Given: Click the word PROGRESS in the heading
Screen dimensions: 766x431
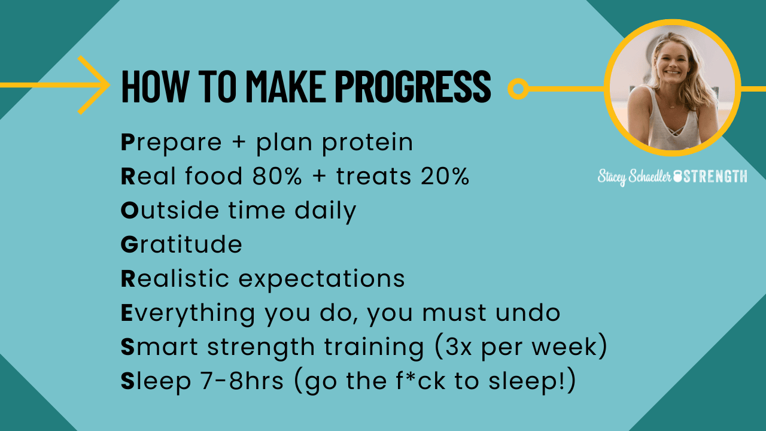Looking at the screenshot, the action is (413, 86).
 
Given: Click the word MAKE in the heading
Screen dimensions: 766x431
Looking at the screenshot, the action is (286, 86).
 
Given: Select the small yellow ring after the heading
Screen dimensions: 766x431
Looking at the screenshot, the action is (518, 89).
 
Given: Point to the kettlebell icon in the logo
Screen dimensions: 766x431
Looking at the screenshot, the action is (677, 177).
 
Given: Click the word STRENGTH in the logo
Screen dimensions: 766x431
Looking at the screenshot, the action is (715, 177).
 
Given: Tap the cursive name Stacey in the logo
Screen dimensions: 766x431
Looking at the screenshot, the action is (612, 177).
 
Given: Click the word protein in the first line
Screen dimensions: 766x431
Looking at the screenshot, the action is (367, 143).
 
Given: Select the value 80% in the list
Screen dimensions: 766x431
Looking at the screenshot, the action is (277, 177).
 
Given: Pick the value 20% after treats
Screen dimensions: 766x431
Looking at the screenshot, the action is (445, 177).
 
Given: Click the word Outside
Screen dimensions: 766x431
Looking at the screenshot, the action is (170, 210).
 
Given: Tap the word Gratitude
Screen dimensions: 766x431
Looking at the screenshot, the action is (181, 244).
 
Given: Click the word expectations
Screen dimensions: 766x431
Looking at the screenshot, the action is (321, 279).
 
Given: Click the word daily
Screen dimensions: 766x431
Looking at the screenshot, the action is (325, 211).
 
